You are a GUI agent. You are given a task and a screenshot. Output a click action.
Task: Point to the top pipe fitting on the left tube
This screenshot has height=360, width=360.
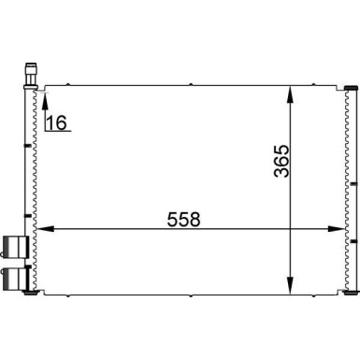(x=31, y=71)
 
